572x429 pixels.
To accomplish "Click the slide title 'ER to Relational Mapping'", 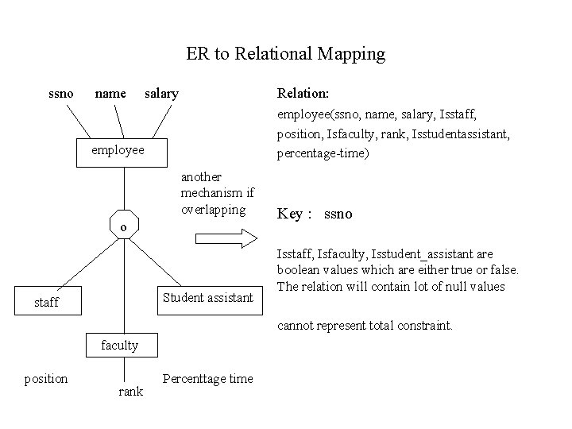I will tap(285, 54).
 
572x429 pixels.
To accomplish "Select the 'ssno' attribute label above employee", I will tap(61, 94).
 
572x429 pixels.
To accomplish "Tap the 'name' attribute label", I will tap(110, 94).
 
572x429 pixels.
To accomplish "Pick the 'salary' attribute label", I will tap(161, 94).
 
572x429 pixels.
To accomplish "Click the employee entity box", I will tap(122, 150).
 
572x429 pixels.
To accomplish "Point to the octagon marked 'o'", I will tap(124, 226).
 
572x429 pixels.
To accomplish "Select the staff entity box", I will tap(47, 303).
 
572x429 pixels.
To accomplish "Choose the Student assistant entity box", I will tap(207, 298).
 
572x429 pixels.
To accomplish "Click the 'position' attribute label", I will tap(46, 378).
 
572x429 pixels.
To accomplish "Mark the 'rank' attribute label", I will tap(130, 392).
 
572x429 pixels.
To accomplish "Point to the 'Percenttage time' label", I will tap(207, 378).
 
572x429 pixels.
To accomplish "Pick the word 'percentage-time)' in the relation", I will tap(323, 153).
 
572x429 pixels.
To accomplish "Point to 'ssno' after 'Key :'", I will tap(338, 214).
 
